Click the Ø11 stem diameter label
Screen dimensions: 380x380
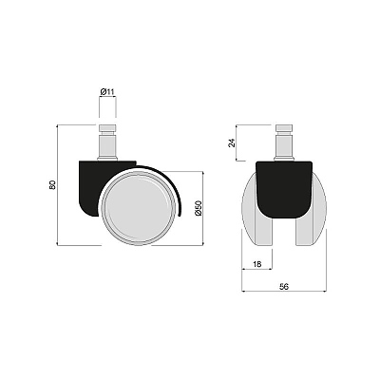tap(107, 92)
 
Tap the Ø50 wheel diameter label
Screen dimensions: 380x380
tap(199, 208)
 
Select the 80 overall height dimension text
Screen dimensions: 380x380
tap(52, 185)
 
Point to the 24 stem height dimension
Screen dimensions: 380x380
tap(233, 142)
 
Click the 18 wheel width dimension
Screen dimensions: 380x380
tap(257, 264)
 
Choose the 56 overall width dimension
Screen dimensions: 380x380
tap(284, 286)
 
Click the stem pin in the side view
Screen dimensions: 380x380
tap(107, 142)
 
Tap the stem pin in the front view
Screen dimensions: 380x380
tap(284, 142)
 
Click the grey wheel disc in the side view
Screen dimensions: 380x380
tap(137, 208)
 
